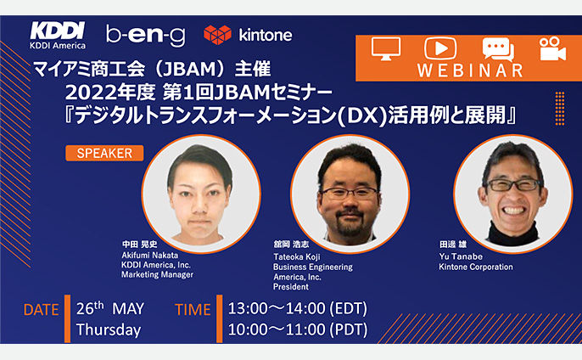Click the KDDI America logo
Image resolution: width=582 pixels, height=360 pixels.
[x=58, y=36]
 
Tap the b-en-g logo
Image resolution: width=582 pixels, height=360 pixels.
[x=146, y=36]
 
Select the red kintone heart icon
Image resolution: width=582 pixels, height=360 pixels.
[x=217, y=35]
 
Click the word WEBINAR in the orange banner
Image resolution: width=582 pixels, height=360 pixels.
[x=470, y=70]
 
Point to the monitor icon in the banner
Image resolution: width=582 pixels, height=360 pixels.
[x=386, y=48]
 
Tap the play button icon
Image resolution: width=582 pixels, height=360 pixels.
[x=440, y=48]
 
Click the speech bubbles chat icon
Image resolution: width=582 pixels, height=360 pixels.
[x=498, y=49]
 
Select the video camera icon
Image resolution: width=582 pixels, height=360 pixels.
[x=552, y=48]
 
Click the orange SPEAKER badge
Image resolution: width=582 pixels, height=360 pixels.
[x=104, y=153]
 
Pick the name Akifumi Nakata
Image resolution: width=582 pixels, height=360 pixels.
[x=149, y=256]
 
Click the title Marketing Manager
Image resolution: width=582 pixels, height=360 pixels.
[x=158, y=274]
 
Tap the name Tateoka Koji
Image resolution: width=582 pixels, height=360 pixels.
[x=297, y=257]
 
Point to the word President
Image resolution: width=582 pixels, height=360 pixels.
[x=291, y=287]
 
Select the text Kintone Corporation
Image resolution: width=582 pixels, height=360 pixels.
[x=476, y=267]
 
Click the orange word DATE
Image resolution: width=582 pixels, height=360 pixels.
[x=41, y=310]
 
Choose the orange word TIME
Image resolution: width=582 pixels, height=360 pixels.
[x=193, y=310]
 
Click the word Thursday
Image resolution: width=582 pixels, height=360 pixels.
[x=109, y=330]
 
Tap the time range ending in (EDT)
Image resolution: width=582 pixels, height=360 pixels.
[x=297, y=309]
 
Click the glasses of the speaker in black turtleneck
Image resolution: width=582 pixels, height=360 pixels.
[x=514, y=184]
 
